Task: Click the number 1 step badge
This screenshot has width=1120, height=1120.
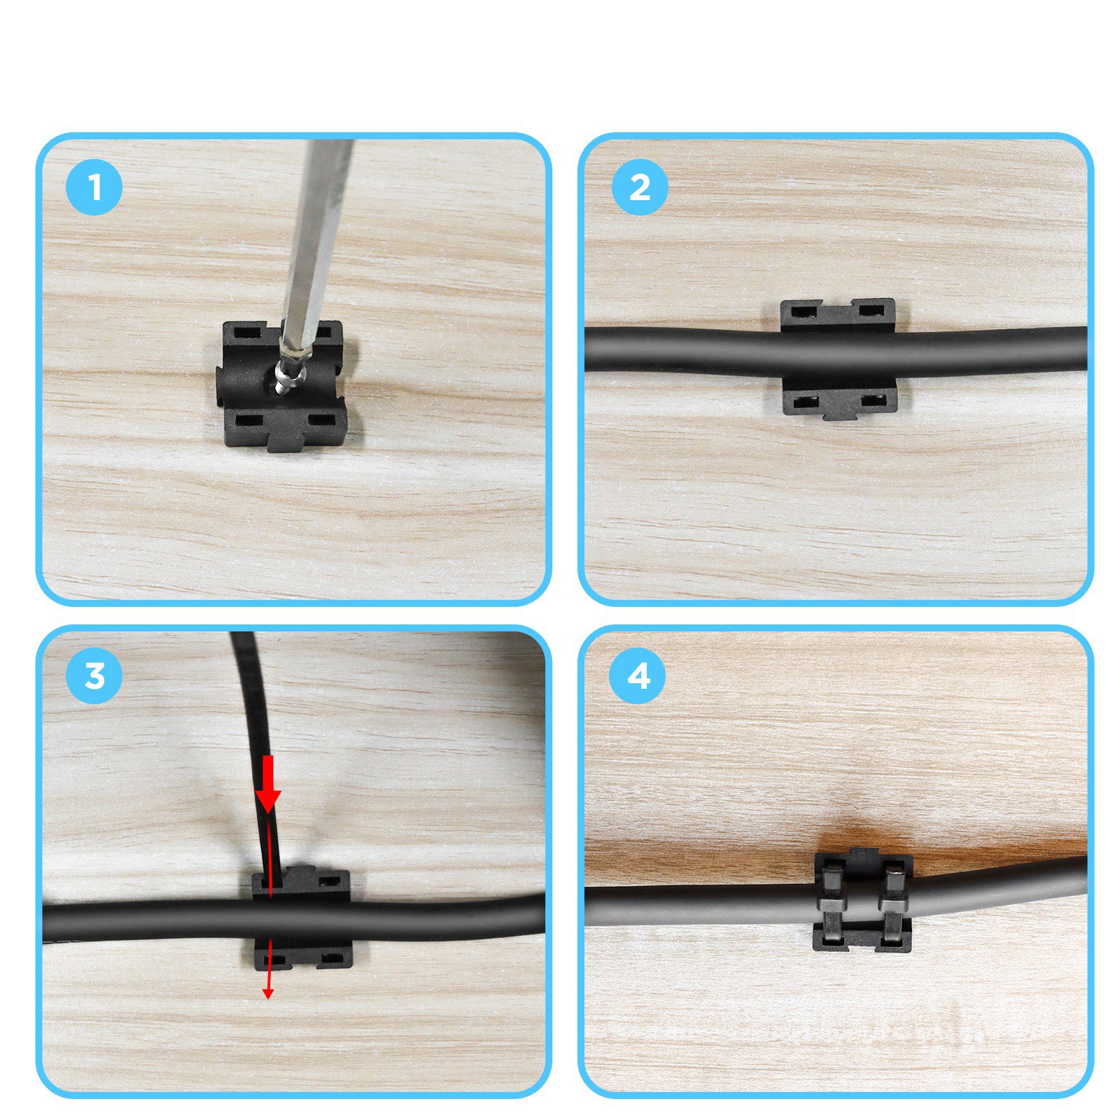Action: pyautogui.click(x=94, y=187)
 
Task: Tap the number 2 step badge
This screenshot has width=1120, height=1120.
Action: pyautogui.click(x=640, y=187)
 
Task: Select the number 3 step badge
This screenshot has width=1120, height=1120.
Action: pyautogui.click(x=94, y=676)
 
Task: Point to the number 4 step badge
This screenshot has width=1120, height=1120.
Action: pyautogui.click(x=638, y=676)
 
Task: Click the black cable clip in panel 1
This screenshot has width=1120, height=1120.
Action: pyautogui.click(x=283, y=384)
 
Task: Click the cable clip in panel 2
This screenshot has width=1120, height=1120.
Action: pyautogui.click(x=839, y=359)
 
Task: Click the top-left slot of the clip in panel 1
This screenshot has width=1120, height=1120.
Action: pyautogui.click(x=247, y=332)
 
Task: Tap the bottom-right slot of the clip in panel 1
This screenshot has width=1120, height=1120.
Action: pyautogui.click(x=321, y=421)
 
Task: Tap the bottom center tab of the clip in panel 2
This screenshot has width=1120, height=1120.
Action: pyautogui.click(x=839, y=413)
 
